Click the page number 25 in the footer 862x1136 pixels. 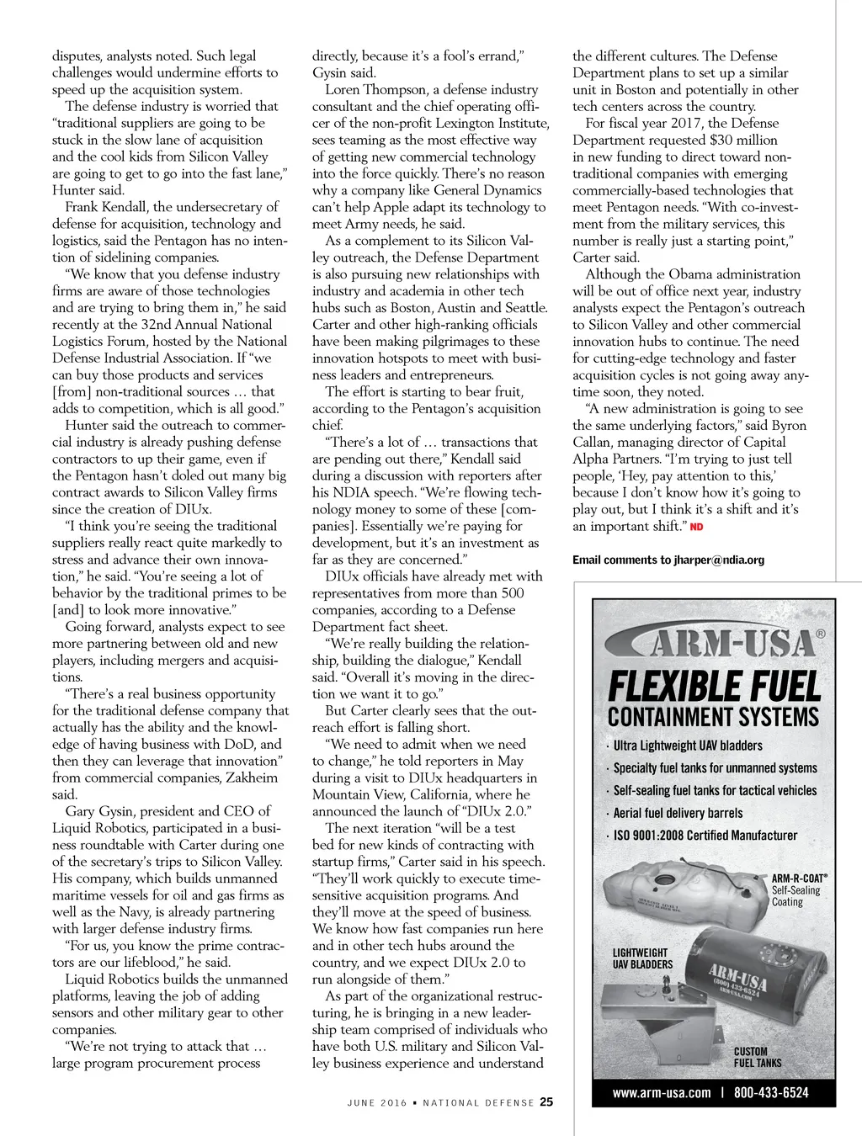tap(546, 1101)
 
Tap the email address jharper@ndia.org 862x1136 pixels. tap(719, 560)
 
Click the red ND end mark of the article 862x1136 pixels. tap(696, 527)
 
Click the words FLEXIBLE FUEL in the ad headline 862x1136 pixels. tap(714, 687)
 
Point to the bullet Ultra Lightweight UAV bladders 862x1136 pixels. tap(687, 746)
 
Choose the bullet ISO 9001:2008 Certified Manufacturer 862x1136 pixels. tap(705, 836)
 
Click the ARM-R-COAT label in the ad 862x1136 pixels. tap(799, 879)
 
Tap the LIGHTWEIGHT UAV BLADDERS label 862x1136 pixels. tap(642, 958)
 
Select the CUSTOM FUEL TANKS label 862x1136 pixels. tap(757, 1057)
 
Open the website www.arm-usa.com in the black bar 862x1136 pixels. tap(662, 1093)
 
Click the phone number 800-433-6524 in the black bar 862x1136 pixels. tap(771, 1093)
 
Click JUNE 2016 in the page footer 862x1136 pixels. tap(377, 1102)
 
